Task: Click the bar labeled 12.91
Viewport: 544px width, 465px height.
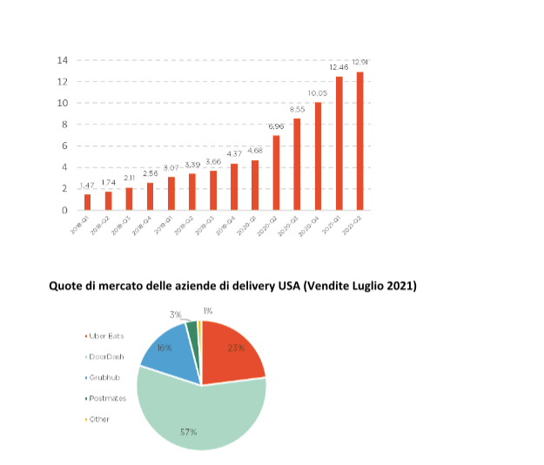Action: pyautogui.click(x=359, y=140)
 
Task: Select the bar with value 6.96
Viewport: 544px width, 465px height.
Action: pyautogui.click(x=276, y=172)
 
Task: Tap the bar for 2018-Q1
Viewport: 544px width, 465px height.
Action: pyautogui.click(x=87, y=201)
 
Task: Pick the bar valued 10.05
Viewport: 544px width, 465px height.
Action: pyautogui.click(x=318, y=156)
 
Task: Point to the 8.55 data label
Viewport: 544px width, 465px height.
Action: pyautogui.click(x=297, y=110)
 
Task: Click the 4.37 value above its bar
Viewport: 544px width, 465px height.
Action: pyautogui.click(x=234, y=154)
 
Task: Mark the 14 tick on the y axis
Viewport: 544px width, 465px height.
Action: pyautogui.click(x=63, y=60)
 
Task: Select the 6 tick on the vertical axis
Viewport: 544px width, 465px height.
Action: pyautogui.click(x=64, y=145)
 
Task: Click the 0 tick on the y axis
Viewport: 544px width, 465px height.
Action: pyautogui.click(x=64, y=210)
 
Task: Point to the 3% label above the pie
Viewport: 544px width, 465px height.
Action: pyautogui.click(x=175, y=313)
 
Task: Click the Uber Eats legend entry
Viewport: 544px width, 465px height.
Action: pyautogui.click(x=104, y=336)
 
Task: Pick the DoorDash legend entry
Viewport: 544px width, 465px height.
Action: pyautogui.click(x=105, y=357)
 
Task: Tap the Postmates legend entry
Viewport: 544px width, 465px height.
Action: pyautogui.click(x=107, y=398)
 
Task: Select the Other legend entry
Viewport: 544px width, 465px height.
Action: pyautogui.click(x=98, y=419)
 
